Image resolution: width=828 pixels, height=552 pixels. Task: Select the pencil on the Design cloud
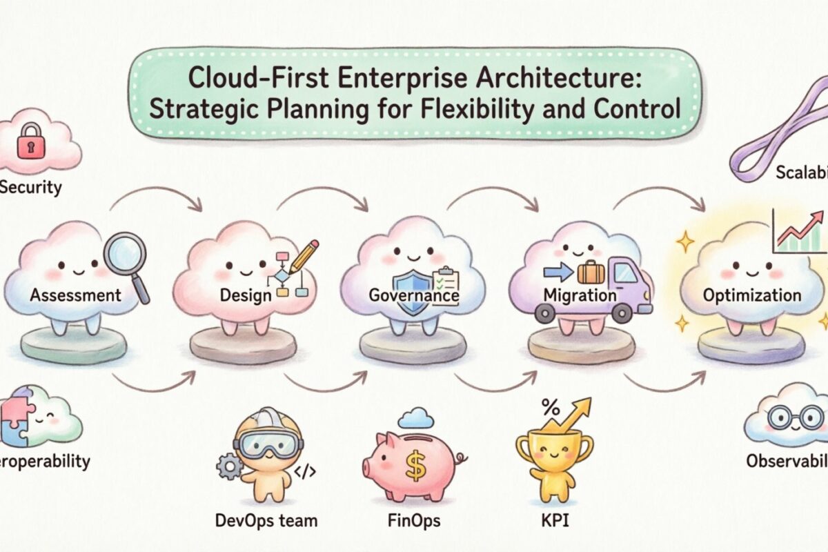coord(304,255)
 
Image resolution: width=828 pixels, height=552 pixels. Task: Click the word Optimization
coord(751,295)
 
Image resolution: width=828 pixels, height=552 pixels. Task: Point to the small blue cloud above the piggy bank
coord(415,417)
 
